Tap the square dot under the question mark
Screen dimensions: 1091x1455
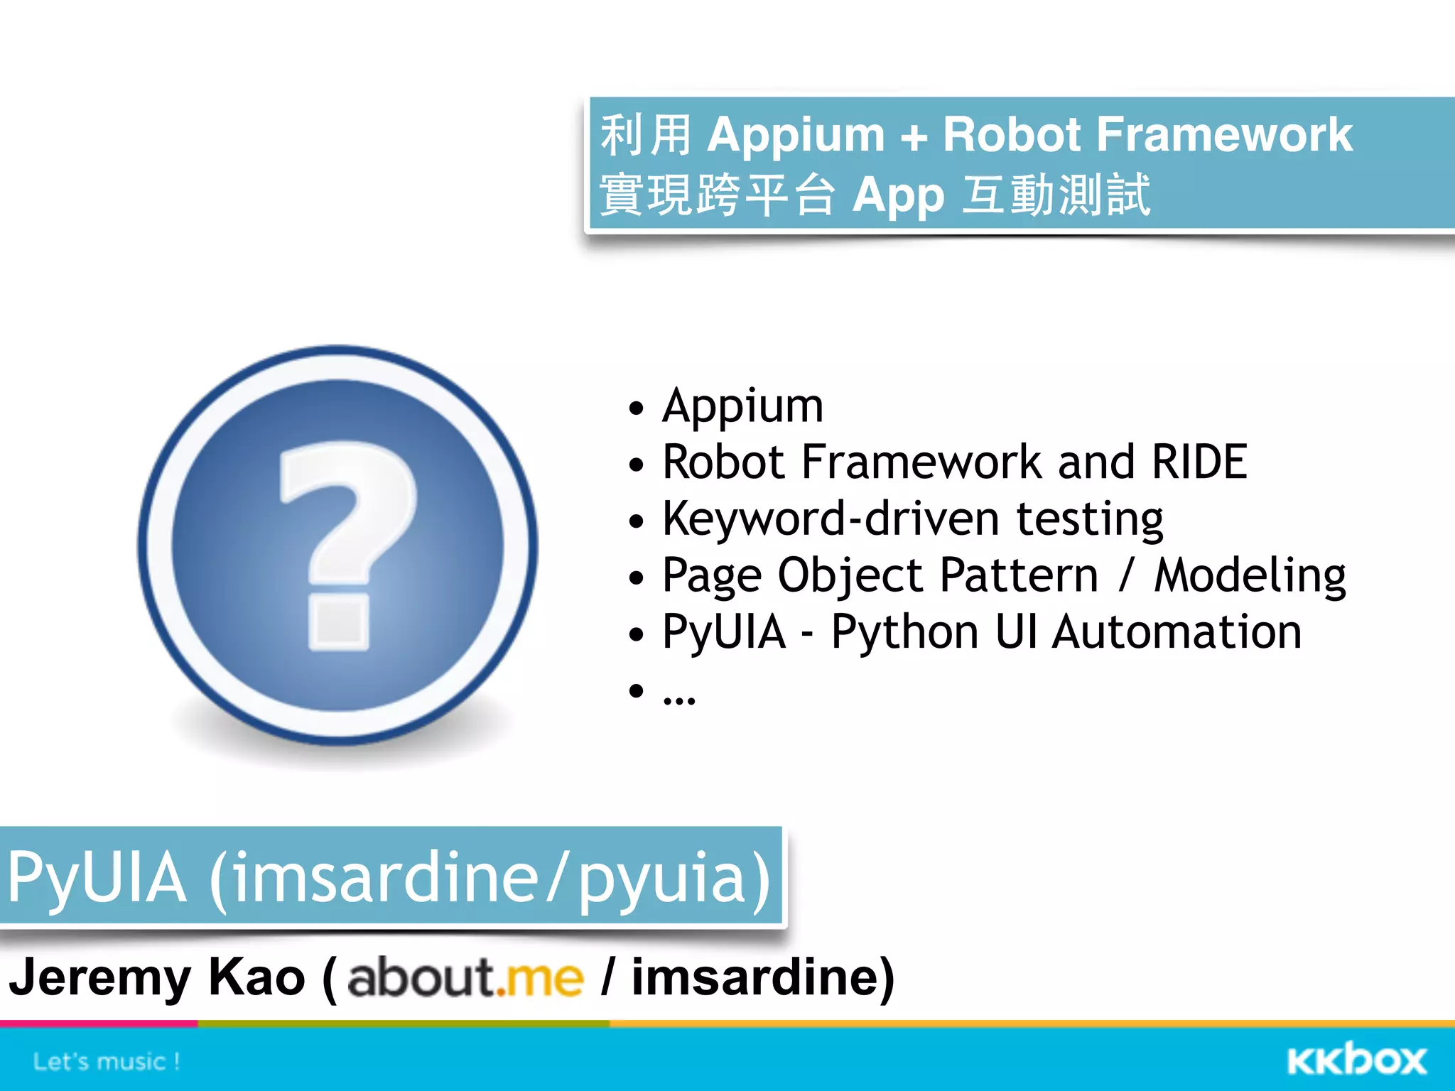point(339,623)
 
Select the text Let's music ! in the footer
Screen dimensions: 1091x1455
point(107,1062)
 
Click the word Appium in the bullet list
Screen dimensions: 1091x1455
point(742,406)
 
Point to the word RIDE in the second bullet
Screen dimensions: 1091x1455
point(1199,462)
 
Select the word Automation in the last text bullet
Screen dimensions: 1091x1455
point(1177,632)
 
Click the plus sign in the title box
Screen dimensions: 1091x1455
point(914,136)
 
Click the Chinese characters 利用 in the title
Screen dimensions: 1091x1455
point(645,135)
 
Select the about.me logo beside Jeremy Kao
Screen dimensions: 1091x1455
point(465,978)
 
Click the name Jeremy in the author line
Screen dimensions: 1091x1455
point(99,978)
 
